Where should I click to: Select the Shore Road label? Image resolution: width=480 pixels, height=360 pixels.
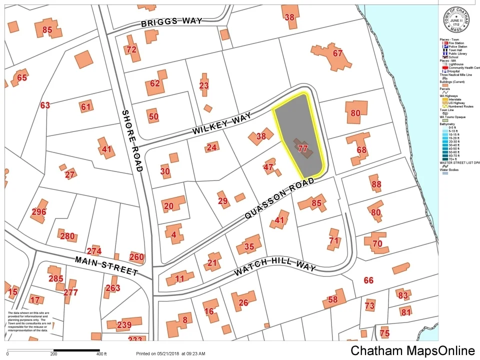pyautogui.click(x=131, y=140)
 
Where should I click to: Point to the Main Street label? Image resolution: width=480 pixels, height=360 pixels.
pyautogui.click(x=106, y=265)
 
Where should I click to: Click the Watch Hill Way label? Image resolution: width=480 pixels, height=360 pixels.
pyautogui.click(x=275, y=267)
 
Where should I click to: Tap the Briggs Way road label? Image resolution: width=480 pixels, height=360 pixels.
pyautogui.click(x=171, y=22)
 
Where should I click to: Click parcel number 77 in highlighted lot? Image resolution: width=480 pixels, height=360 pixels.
pyautogui.click(x=302, y=148)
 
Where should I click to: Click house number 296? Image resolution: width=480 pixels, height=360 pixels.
pyautogui.click(x=38, y=211)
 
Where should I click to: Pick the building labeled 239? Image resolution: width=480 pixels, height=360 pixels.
pyautogui.click(x=123, y=324)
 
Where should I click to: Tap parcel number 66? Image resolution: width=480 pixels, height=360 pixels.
pyautogui.click(x=368, y=280)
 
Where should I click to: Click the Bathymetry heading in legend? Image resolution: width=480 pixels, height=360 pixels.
pyautogui.click(x=449, y=124)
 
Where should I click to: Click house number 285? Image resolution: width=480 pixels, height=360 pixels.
pyautogui.click(x=55, y=278)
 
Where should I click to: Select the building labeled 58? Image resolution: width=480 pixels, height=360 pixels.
pyautogui.click(x=332, y=299)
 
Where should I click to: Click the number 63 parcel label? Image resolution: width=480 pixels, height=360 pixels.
pyautogui.click(x=45, y=105)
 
